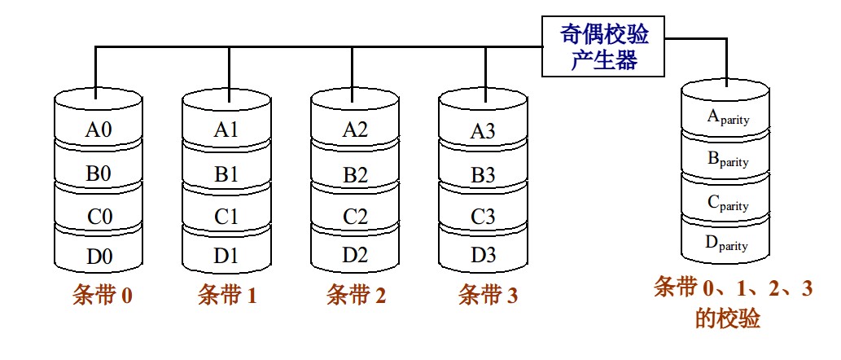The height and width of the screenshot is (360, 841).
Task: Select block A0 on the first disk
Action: tap(98, 129)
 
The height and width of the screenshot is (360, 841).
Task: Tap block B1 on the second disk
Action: tap(226, 173)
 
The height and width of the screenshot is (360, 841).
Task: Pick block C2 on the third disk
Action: tap(355, 217)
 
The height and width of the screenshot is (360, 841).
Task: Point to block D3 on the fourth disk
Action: tap(483, 255)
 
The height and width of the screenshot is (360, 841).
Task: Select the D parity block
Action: tap(728, 243)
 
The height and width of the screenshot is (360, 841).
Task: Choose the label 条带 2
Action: tap(356, 295)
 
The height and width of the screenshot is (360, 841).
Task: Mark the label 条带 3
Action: tap(487, 295)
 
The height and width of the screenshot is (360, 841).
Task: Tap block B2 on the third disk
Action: tap(355, 173)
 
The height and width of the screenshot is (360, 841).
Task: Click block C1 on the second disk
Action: tap(226, 217)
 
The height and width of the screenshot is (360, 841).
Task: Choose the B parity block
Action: tap(728, 160)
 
